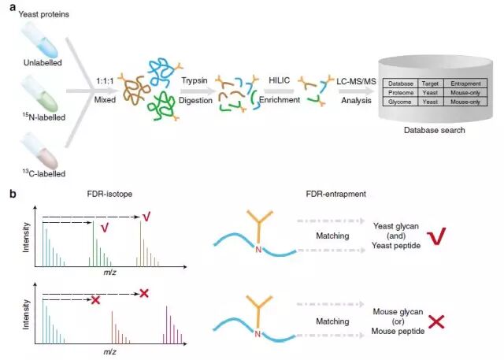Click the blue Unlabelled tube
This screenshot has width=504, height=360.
[39, 41]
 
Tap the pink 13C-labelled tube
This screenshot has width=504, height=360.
[39, 151]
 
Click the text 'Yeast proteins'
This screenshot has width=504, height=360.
[44, 14]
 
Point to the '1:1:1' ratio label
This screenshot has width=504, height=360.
[105, 81]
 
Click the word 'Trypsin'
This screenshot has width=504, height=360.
[195, 80]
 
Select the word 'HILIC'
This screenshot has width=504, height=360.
[279, 80]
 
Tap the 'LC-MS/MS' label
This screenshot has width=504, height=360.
[356, 81]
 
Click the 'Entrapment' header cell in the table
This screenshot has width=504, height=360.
[465, 84]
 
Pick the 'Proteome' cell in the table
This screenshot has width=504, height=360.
[401, 93]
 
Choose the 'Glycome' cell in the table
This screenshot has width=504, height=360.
[401, 102]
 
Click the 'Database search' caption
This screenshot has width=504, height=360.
[434, 130]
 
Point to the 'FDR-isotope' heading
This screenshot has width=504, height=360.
[109, 194]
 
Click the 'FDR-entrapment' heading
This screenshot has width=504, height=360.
[336, 194]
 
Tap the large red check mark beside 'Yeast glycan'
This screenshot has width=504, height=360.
[436, 236]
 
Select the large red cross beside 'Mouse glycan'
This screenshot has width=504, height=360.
[436, 321]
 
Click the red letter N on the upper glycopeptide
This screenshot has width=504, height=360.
[258, 249]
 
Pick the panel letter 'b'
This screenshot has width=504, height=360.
[13, 194]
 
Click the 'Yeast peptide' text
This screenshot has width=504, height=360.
[396, 246]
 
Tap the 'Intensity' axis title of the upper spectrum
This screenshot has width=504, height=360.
[26, 237]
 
